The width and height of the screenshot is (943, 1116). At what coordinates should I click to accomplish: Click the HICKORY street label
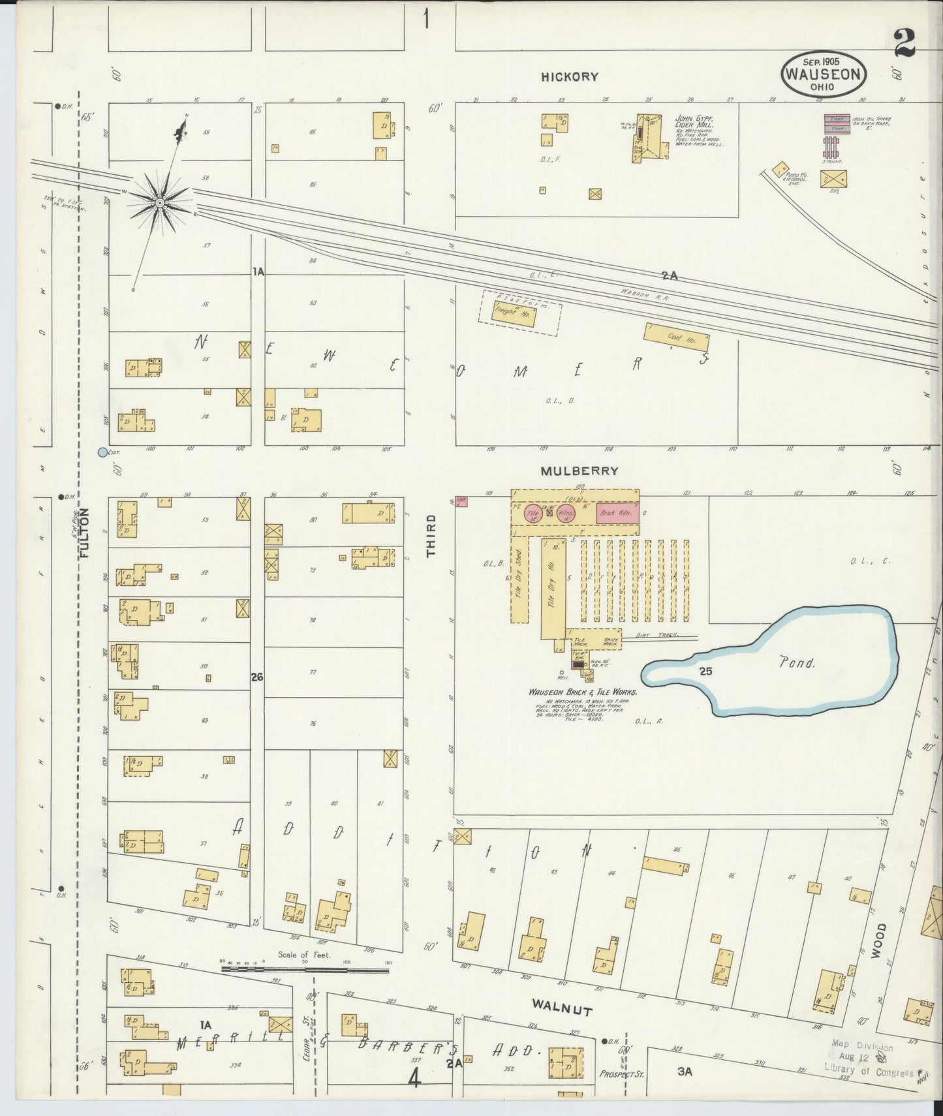(569, 77)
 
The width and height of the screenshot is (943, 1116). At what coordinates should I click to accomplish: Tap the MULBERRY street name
(578, 471)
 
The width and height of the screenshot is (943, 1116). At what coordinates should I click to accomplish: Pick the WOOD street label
(882, 940)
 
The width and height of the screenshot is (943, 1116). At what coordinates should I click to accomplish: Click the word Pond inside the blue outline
(797, 663)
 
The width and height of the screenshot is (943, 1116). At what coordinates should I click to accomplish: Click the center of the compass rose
(159, 204)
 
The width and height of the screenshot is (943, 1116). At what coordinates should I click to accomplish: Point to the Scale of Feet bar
(305, 969)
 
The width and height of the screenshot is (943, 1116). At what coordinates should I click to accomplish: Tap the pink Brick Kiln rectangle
(616, 514)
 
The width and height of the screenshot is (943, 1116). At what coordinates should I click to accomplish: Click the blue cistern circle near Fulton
(102, 452)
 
